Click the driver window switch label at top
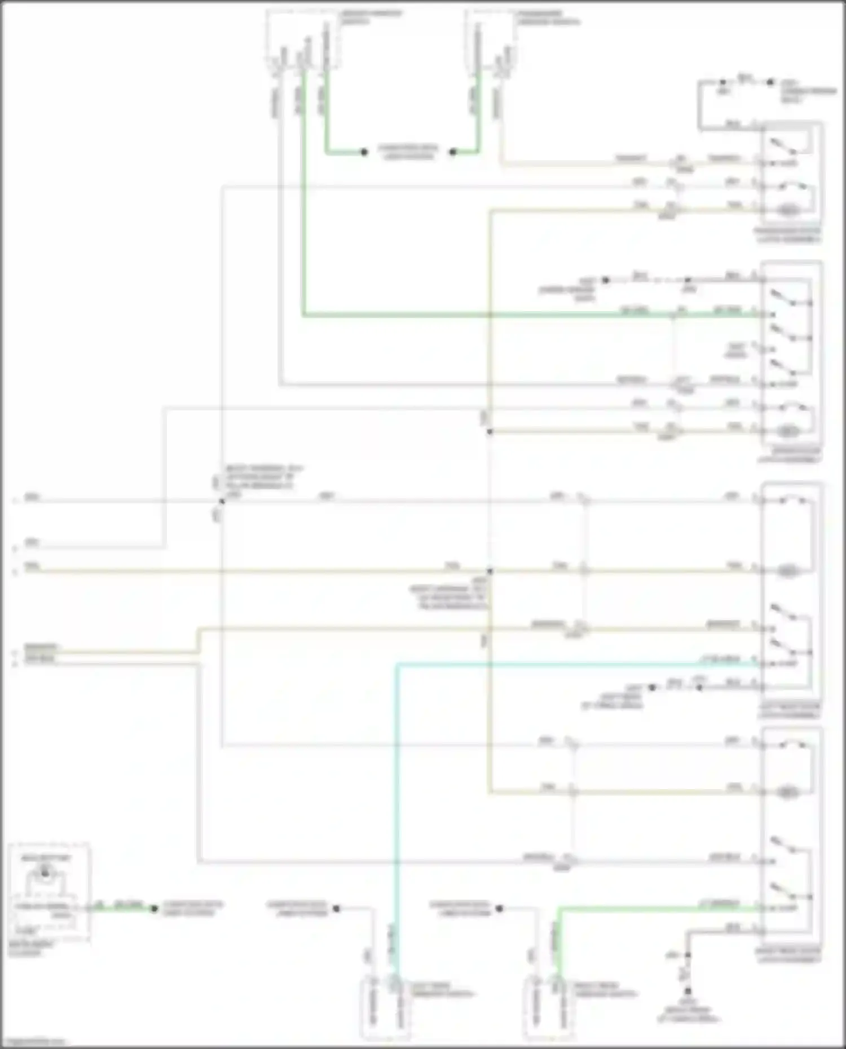coord(369,17)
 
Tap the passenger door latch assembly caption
coord(788,235)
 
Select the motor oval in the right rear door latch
coord(787,793)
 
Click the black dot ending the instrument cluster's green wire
coord(153,909)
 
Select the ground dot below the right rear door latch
coord(688,990)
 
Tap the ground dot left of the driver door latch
coord(606,280)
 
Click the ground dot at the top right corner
coord(770,82)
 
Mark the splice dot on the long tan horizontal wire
coord(490,571)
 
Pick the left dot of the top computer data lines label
coord(364,152)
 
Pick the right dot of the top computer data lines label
coord(452,152)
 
